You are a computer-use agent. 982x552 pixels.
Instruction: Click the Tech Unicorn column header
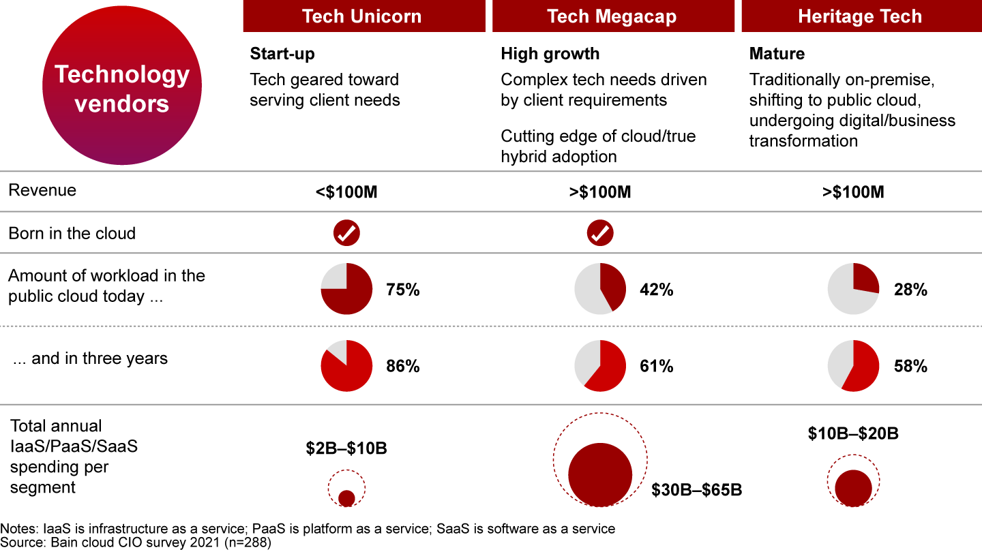click(x=363, y=16)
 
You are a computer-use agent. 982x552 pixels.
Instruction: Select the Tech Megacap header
click(x=612, y=16)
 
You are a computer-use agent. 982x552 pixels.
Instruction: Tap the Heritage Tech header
click(x=860, y=16)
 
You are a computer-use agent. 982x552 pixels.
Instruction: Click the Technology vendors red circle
click(x=122, y=89)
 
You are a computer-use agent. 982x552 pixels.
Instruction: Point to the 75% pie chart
click(x=346, y=289)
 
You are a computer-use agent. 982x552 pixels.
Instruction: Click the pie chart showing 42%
click(x=600, y=289)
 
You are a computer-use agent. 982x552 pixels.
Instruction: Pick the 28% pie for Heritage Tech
click(x=853, y=289)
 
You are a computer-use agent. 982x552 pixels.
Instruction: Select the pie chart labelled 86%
click(x=346, y=366)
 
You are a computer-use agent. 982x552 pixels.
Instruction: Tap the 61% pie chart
click(x=600, y=366)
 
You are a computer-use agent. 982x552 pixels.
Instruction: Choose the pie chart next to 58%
click(x=853, y=366)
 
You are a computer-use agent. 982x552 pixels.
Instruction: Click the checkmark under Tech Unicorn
click(x=346, y=233)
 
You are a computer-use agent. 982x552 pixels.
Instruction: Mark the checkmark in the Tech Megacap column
click(x=600, y=233)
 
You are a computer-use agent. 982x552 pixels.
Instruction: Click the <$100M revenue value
click(x=346, y=192)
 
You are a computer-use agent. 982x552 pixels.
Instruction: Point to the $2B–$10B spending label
click(x=346, y=449)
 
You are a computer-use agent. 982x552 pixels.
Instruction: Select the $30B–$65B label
click(x=696, y=490)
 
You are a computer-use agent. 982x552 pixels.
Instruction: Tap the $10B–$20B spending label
click(x=853, y=433)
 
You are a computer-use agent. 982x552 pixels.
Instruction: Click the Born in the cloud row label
click(x=72, y=233)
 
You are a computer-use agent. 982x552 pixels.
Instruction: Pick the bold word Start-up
click(x=282, y=54)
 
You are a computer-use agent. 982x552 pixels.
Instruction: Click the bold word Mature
click(x=777, y=54)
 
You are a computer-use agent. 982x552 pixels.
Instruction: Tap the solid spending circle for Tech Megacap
click(x=600, y=475)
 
